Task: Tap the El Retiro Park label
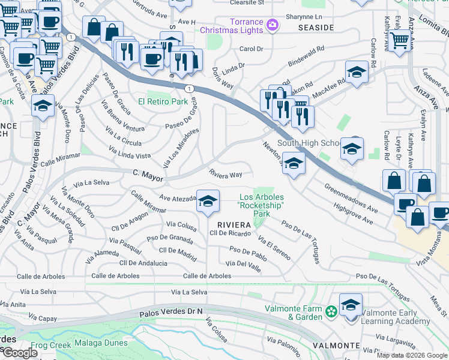pos(163,102)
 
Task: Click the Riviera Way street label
pos(225,175)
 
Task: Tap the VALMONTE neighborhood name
pos(336,346)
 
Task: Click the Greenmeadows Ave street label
pos(351,199)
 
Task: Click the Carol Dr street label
pos(251,49)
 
